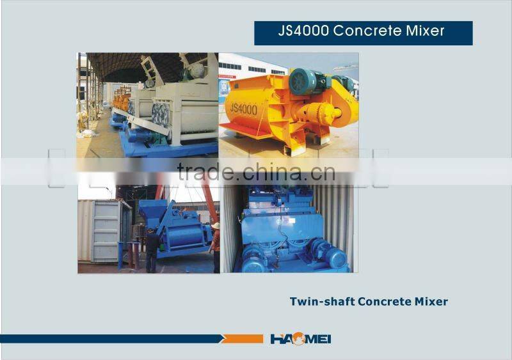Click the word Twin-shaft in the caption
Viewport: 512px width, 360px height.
(x=319, y=301)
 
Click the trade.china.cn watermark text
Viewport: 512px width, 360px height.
(x=256, y=172)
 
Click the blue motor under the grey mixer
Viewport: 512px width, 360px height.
(x=140, y=135)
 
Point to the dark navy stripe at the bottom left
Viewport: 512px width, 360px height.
(x=109, y=339)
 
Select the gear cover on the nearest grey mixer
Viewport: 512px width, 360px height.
(x=161, y=115)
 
